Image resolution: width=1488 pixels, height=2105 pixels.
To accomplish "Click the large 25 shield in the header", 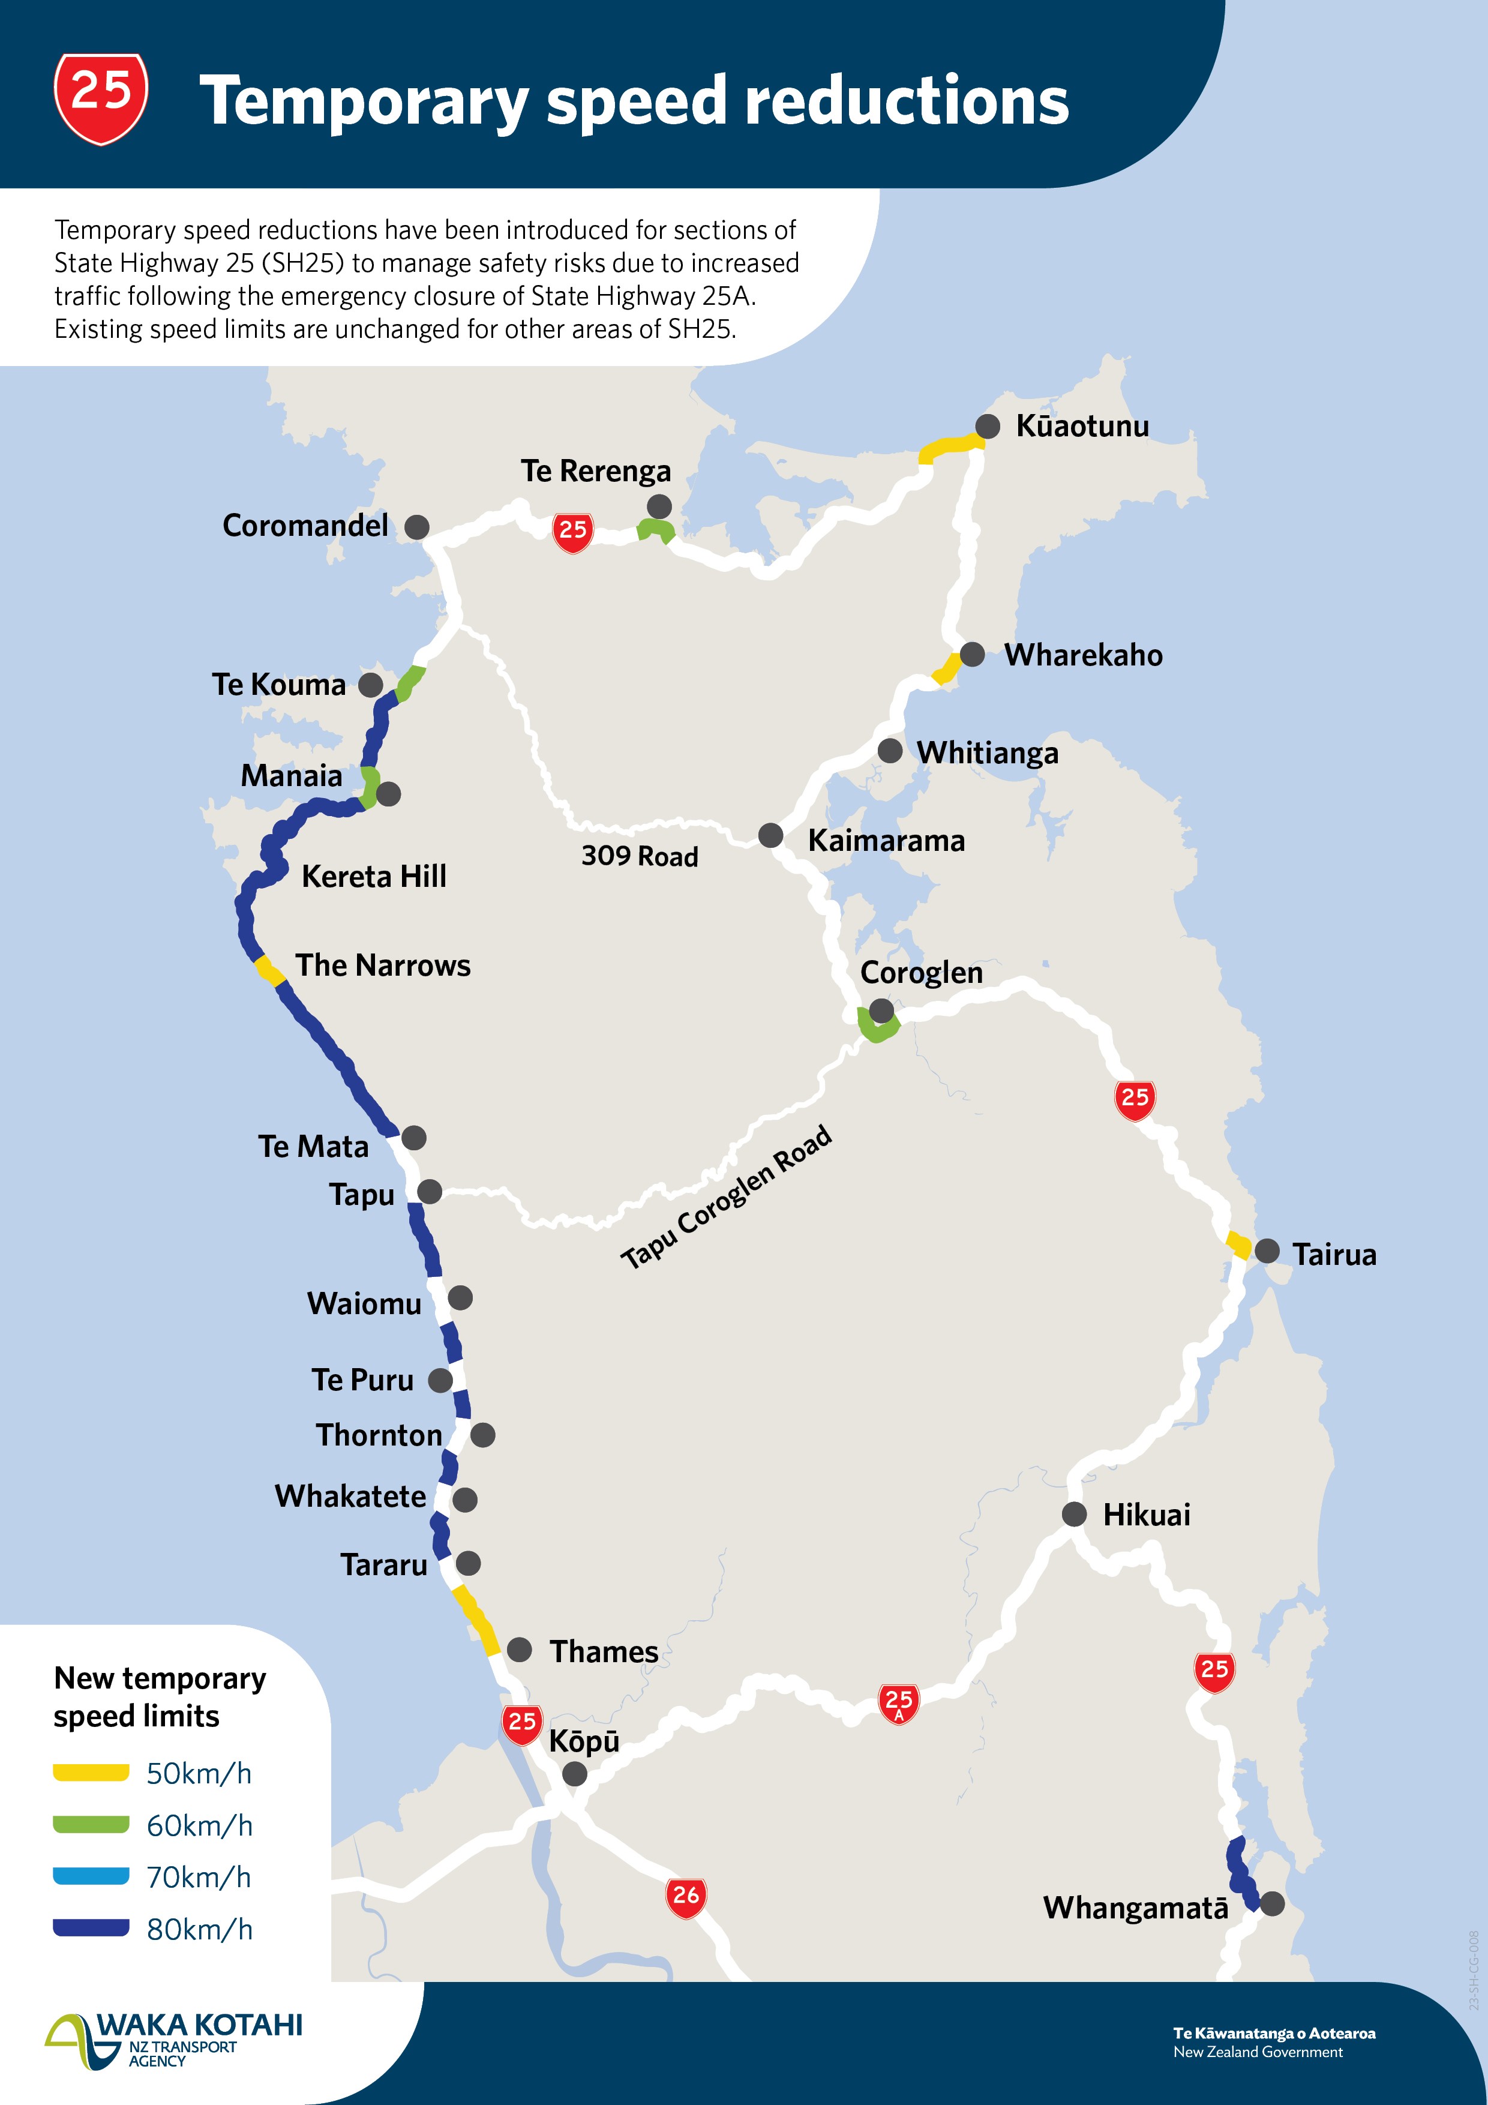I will tap(101, 97).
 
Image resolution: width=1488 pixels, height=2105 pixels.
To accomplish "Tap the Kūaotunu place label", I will tap(1082, 426).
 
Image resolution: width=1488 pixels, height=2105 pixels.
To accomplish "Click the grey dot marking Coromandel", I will tap(417, 527).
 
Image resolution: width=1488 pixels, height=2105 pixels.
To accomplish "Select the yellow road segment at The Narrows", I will tap(269, 970).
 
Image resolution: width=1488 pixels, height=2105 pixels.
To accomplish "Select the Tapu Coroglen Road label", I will tap(726, 1197).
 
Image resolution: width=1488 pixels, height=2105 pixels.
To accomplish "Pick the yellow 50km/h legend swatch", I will tap(91, 1772).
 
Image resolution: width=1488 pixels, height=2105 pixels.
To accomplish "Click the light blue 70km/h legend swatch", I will tap(91, 1876).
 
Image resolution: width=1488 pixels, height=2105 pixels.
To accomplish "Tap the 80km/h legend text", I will tap(199, 1929).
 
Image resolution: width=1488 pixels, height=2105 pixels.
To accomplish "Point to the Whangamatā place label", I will tap(1135, 1908).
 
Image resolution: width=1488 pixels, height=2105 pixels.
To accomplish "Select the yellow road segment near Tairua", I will tap(1238, 1246).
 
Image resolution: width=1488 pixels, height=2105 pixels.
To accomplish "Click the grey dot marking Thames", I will tap(520, 1650).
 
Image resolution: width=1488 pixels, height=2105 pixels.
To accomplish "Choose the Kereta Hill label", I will tap(373, 877).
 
